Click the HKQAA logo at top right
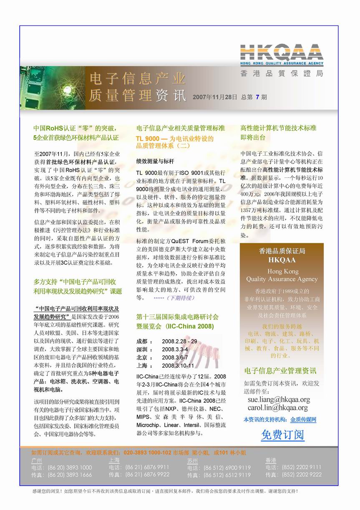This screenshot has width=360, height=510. (x=282, y=56)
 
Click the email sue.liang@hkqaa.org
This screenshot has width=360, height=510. (x=279, y=399)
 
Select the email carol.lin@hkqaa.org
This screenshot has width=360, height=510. (x=278, y=408)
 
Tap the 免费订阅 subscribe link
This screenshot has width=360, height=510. (x=282, y=435)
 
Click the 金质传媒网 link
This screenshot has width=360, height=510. (x=303, y=419)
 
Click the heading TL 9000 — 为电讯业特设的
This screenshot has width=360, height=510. (x=175, y=139)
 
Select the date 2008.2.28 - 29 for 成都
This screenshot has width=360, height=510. (x=179, y=341)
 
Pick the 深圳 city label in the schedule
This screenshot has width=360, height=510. (x=142, y=349)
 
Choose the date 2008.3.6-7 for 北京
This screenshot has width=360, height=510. (x=175, y=357)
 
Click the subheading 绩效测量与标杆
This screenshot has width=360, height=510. (x=155, y=161)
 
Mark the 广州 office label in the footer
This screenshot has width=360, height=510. (x=37, y=460)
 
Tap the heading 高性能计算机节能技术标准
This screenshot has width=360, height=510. (x=278, y=128)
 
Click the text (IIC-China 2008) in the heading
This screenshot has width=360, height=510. (x=184, y=326)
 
